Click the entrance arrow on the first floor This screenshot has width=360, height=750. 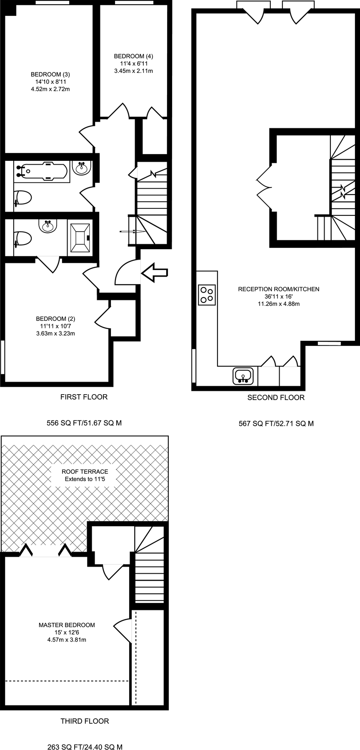(155, 273)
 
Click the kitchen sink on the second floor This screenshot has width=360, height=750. (243, 375)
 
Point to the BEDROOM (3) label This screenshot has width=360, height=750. (50, 74)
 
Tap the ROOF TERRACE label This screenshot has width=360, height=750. (85, 472)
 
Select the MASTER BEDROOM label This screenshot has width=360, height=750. (67, 625)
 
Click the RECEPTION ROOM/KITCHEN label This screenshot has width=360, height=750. (278, 289)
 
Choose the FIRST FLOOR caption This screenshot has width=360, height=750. (84, 397)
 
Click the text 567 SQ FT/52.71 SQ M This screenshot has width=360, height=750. (276, 424)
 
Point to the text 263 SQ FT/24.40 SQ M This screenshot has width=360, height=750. (85, 747)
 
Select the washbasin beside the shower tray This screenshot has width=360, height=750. (47, 227)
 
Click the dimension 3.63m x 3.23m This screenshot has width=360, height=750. (55, 333)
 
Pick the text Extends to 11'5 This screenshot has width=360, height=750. (85, 479)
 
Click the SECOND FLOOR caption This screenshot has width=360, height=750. (276, 397)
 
